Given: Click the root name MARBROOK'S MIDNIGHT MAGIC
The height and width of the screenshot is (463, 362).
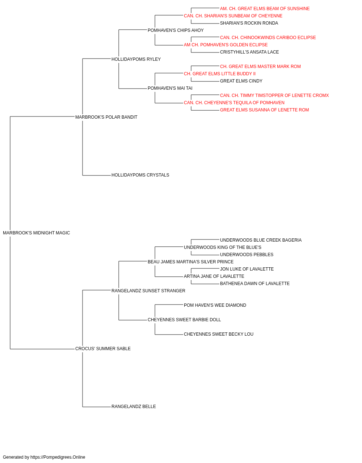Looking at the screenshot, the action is [x=36, y=233].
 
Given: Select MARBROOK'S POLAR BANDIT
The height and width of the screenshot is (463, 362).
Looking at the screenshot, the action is [x=106, y=117].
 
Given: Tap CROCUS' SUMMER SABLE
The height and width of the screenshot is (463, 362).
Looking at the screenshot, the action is [x=103, y=349].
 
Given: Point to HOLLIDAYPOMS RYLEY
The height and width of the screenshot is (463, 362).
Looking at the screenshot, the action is [x=136, y=59].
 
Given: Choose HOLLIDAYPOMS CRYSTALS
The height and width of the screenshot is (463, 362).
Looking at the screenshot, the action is [x=140, y=175].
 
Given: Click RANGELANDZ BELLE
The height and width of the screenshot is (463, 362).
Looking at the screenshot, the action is [x=134, y=407].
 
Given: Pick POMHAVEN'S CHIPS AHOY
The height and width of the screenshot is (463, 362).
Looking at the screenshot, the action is [x=176, y=30].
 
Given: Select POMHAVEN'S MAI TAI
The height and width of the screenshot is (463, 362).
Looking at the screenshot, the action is [x=170, y=88].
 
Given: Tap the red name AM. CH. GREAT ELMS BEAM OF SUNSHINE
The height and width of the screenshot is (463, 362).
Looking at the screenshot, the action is [x=265, y=9].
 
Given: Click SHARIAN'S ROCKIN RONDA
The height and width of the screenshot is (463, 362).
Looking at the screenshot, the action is [x=249, y=23].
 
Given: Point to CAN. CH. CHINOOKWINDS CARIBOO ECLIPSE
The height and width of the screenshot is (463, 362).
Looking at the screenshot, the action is [x=268, y=38].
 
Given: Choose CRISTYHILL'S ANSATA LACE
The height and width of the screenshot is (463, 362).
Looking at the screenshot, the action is [x=249, y=52].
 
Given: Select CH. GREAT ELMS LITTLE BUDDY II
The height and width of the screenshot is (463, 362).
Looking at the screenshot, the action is [x=220, y=74].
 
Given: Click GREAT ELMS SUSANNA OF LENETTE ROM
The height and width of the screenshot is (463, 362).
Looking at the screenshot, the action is [x=264, y=110].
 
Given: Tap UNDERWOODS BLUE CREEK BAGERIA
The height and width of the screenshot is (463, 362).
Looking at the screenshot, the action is [x=261, y=240].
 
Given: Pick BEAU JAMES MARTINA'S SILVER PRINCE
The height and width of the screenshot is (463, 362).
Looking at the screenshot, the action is [x=190, y=262].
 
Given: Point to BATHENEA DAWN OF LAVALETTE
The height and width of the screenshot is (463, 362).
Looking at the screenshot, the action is [x=255, y=284].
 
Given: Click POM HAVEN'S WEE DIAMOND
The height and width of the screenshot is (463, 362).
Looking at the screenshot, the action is [x=215, y=305].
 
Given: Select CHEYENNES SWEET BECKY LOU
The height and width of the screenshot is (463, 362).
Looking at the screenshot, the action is [x=219, y=334].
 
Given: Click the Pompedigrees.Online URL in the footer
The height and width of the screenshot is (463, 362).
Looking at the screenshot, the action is [x=58, y=457].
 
